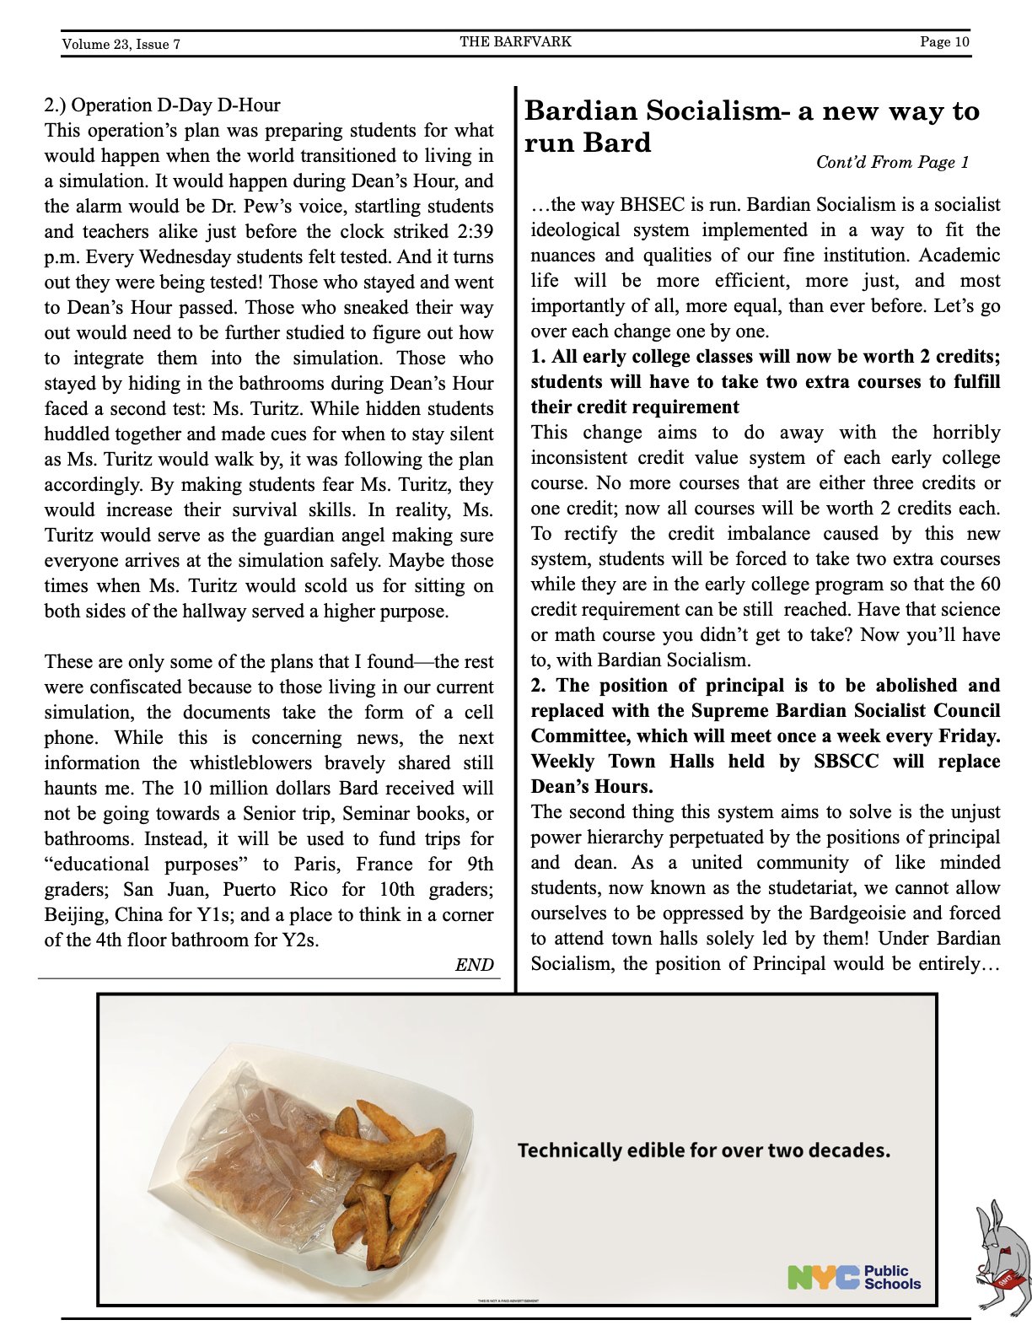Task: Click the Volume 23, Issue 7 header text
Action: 121,44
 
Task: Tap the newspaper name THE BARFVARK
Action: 515,41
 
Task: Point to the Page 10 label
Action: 944,41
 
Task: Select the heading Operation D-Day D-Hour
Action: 175,105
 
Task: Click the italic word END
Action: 474,965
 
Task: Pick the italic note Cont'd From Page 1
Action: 892,162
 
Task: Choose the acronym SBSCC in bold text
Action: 846,762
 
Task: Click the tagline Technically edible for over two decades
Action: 703,1150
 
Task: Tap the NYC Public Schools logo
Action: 854,1277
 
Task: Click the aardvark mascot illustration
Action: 1002,1257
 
